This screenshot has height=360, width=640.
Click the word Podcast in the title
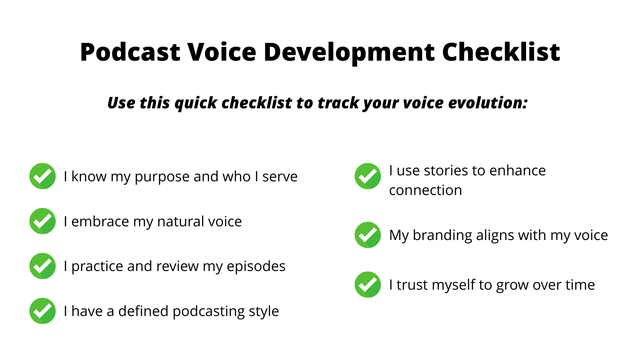coord(130,52)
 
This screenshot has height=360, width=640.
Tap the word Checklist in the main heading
coord(501,52)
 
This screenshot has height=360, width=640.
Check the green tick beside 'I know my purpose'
coord(42,176)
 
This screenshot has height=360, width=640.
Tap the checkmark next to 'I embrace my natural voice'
coord(42,221)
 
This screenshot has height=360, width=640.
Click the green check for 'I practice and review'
coord(42,266)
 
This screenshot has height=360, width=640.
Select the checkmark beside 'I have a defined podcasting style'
coord(42,311)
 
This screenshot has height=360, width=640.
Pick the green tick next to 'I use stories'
coord(368,176)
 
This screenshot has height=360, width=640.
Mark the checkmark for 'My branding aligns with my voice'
coord(368,235)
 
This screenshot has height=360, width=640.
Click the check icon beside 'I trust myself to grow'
coord(368,285)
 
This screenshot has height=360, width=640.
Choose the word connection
coord(425,191)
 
